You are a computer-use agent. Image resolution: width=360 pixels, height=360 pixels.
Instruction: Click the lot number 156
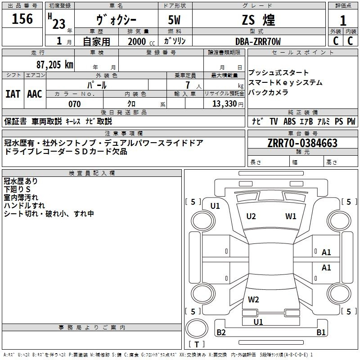click(x=22, y=19)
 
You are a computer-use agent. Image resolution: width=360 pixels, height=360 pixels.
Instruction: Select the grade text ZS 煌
click(x=258, y=20)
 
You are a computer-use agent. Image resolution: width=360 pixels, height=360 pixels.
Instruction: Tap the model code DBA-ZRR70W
click(x=258, y=41)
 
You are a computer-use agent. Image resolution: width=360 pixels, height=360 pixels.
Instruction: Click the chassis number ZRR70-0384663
click(x=302, y=144)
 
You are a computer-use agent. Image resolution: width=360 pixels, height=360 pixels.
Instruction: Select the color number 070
click(x=74, y=104)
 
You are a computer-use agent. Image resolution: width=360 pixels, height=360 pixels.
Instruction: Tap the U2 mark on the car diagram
click(x=251, y=216)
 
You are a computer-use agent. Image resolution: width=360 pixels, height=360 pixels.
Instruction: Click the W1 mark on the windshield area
click(x=291, y=216)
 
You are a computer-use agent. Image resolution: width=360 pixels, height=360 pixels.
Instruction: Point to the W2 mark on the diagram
click(x=253, y=299)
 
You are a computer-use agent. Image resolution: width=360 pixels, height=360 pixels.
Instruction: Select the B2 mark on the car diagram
click(x=221, y=333)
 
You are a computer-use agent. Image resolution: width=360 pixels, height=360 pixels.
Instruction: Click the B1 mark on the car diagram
click(x=321, y=333)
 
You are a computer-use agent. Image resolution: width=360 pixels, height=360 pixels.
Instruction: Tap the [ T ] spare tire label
click(x=197, y=345)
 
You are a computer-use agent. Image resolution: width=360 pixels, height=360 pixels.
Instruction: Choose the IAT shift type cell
click(x=13, y=94)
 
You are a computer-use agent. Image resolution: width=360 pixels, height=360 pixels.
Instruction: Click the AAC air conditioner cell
click(x=34, y=94)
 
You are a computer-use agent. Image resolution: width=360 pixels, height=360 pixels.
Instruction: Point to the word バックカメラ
click(x=268, y=93)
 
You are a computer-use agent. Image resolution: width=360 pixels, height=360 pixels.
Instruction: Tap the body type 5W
click(x=175, y=20)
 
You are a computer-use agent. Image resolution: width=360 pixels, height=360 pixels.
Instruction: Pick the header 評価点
click(x=343, y=6)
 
